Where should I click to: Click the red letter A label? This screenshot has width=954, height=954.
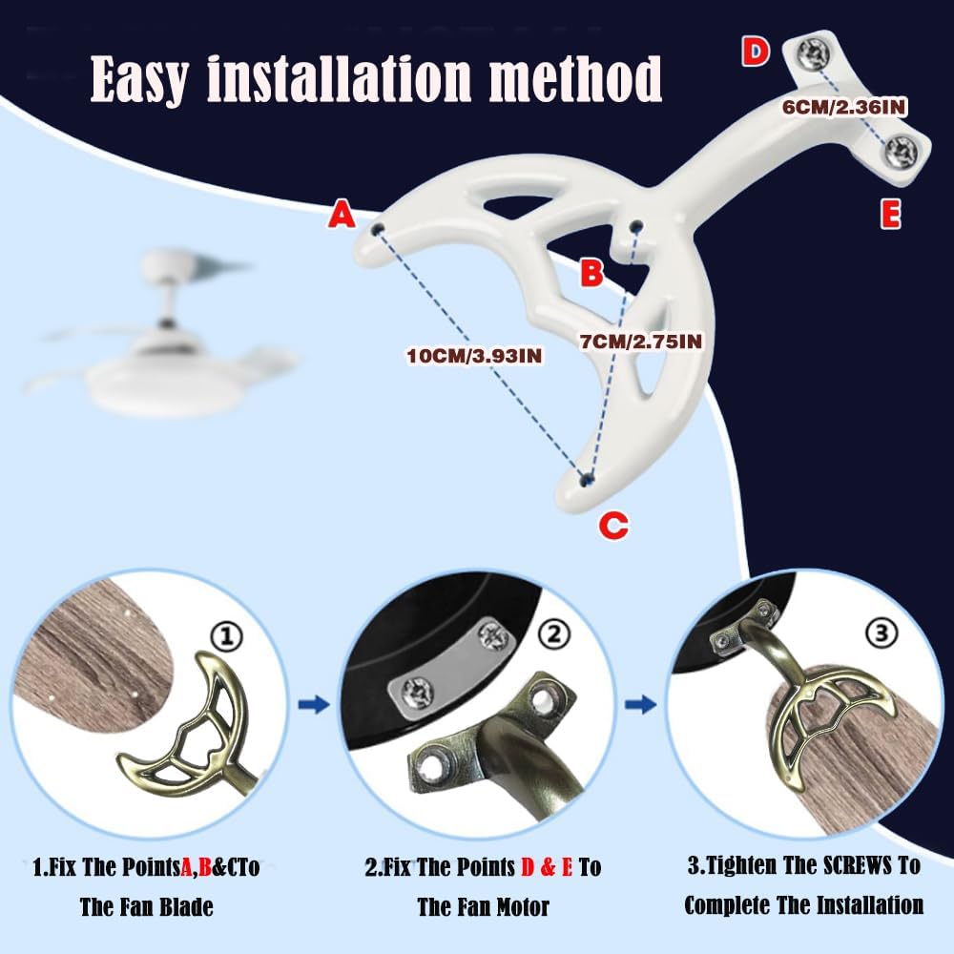point(342,215)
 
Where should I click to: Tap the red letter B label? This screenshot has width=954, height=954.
point(591,272)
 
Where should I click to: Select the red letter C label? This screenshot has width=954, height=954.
point(613,525)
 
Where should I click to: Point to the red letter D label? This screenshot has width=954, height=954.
point(755,52)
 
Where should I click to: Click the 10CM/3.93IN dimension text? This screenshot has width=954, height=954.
point(474,355)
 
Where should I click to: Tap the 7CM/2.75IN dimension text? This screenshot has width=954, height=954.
point(641,342)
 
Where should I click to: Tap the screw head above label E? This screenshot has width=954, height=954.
point(901,149)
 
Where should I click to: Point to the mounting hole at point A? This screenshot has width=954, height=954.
point(379,229)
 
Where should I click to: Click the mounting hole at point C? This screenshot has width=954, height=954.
point(587,480)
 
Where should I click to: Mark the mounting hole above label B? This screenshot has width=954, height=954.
point(637,226)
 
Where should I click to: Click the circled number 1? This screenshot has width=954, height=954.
point(226,637)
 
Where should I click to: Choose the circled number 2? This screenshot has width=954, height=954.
point(554,634)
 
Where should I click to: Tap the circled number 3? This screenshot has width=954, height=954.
point(881,633)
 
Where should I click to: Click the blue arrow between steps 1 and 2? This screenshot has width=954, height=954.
point(314,705)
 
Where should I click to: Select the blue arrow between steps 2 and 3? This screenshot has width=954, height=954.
point(641,705)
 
